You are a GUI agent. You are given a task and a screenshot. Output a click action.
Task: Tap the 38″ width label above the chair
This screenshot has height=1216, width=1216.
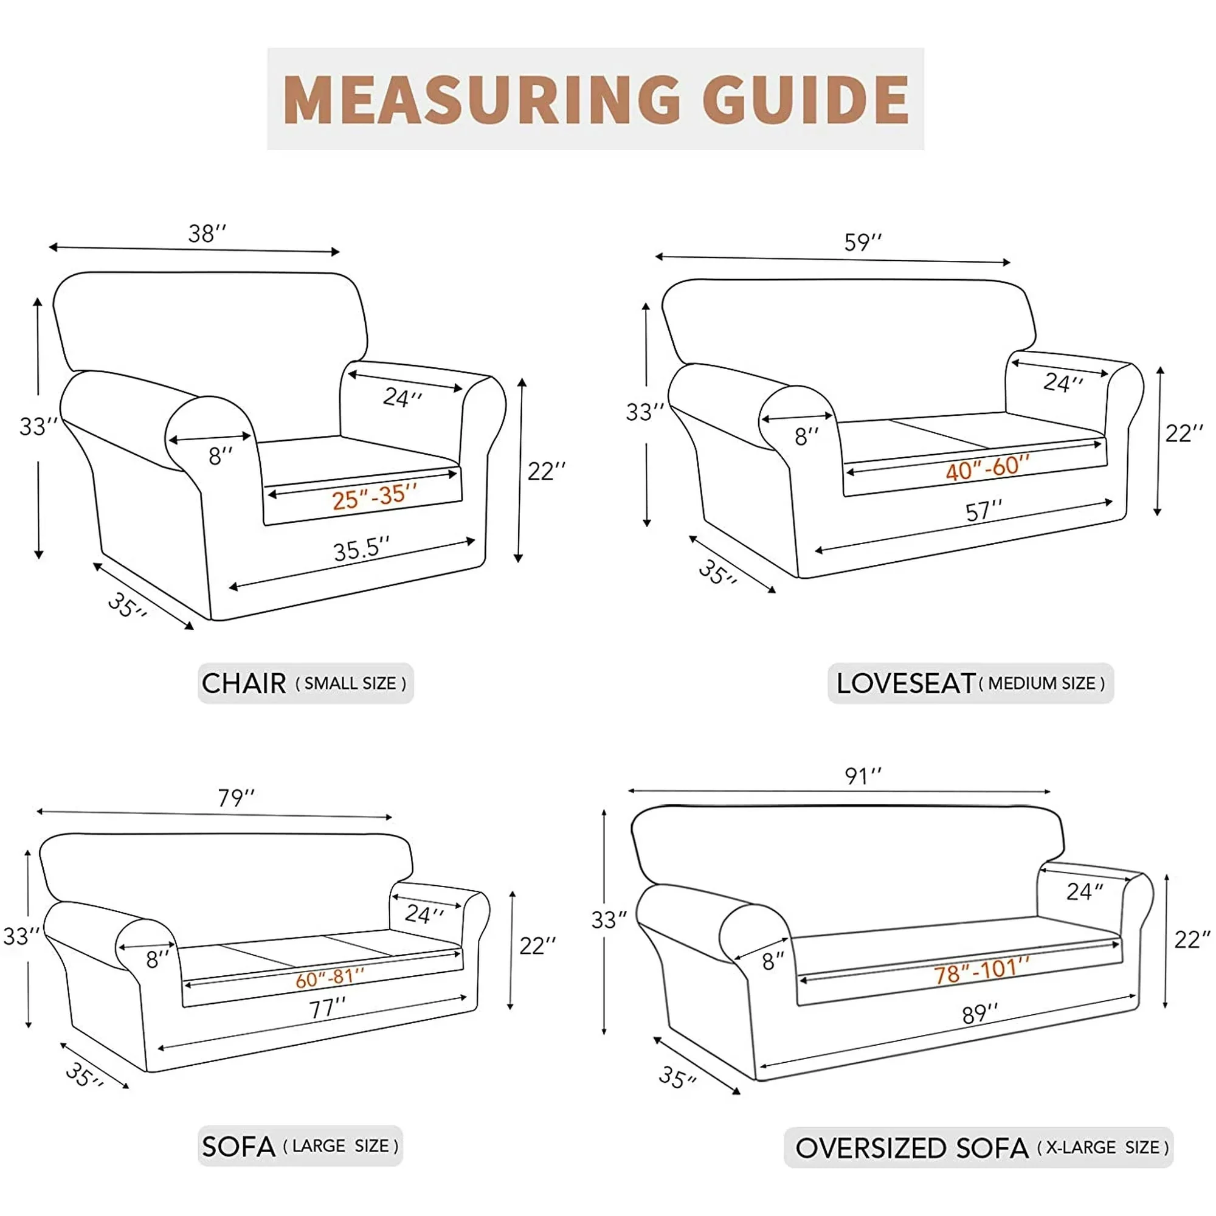(207, 233)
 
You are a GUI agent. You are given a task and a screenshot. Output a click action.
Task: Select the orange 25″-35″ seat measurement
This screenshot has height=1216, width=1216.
(374, 497)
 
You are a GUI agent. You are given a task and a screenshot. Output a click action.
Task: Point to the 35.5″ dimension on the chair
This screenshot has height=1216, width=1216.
(361, 549)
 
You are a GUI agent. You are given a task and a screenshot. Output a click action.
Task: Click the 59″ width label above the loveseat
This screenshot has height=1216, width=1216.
(863, 243)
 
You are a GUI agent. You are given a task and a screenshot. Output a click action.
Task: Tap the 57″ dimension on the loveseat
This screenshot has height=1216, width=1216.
(984, 511)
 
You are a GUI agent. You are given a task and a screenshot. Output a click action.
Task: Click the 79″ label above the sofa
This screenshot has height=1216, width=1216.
(236, 798)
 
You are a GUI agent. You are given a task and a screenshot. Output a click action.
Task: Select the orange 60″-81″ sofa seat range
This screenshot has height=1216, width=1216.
(330, 979)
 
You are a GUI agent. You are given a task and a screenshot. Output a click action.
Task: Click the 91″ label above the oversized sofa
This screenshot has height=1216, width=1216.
(863, 776)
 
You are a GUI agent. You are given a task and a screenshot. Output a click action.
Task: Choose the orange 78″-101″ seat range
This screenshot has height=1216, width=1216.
(981, 970)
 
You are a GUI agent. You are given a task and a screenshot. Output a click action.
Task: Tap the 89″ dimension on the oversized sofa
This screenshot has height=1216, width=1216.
(980, 1015)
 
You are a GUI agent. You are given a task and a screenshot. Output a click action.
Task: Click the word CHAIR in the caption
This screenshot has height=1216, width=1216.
(244, 683)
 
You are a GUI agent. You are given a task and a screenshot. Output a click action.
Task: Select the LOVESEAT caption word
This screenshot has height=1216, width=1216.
(906, 683)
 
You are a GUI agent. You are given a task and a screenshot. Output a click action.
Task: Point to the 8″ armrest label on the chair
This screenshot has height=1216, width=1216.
(220, 455)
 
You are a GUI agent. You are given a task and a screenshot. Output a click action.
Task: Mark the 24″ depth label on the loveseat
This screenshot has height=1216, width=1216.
(1063, 382)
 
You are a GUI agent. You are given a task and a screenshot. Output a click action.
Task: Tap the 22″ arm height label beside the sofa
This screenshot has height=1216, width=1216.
(537, 945)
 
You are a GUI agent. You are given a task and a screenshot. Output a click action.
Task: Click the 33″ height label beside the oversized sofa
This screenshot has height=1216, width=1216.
(609, 920)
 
